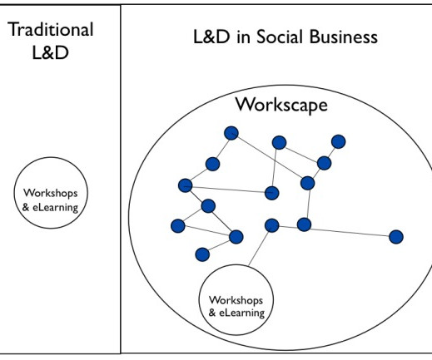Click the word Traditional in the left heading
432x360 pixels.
[51, 29]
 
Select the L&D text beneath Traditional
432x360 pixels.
[50, 52]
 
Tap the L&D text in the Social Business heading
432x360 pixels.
[211, 37]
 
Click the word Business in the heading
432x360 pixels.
[344, 37]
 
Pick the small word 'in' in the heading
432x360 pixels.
[244, 37]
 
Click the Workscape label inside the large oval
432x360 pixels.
[281, 105]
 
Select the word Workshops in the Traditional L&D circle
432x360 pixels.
[51, 193]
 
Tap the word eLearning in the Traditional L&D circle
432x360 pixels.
[56, 207]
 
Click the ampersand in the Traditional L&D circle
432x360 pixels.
[26, 207]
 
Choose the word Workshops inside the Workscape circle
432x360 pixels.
[236, 300]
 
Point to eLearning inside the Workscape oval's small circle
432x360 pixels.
[242, 313]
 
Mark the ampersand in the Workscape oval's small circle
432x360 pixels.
[212, 313]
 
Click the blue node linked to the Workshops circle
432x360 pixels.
[272, 225]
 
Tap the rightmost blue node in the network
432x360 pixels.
[396, 237]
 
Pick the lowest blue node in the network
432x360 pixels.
[202, 254]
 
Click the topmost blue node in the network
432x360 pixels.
[231, 133]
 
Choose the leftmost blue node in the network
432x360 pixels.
[178, 225]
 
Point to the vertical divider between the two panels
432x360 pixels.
[121, 179]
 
